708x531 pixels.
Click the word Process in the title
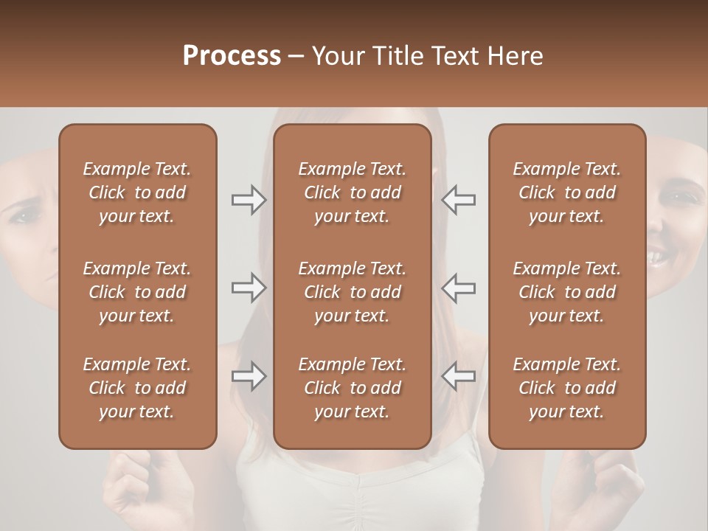tap(232, 56)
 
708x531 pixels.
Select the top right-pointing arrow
tap(249, 200)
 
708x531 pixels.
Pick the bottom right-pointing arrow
tap(249, 376)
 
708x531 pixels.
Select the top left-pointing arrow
tap(459, 200)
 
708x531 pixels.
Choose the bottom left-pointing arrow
tap(459, 376)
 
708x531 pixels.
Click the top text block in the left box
tap(137, 192)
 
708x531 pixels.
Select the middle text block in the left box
tap(137, 292)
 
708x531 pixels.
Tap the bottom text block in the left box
tap(137, 388)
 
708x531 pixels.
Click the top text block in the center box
tap(352, 192)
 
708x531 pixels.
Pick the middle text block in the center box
tap(352, 292)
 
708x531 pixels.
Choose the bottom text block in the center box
tap(352, 388)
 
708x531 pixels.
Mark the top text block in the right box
tap(566, 192)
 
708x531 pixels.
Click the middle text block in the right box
tap(566, 292)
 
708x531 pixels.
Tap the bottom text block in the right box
tap(566, 388)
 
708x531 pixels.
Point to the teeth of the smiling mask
tap(656, 258)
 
